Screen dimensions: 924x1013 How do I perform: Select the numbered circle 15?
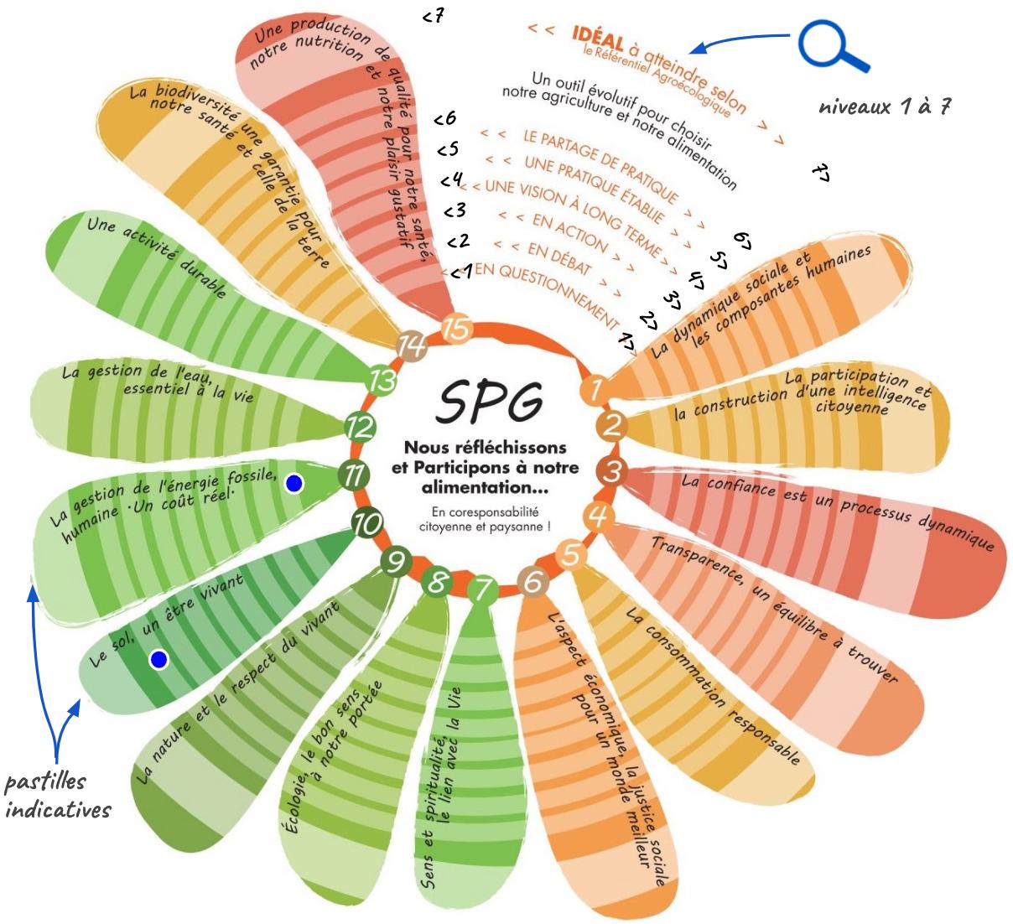[456, 328]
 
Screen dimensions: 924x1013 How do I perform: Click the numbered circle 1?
[595, 389]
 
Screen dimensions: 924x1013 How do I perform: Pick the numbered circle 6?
[532, 580]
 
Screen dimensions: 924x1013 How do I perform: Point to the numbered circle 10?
[366, 525]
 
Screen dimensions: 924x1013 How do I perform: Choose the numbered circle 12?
[360, 428]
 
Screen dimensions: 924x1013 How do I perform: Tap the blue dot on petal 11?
[294, 484]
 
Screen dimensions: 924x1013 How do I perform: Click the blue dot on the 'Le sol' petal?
[158, 660]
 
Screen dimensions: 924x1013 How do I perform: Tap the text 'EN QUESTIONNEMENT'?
[546, 293]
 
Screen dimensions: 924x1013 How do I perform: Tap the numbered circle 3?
[613, 472]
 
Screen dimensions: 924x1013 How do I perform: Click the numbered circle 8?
[436, 581]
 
